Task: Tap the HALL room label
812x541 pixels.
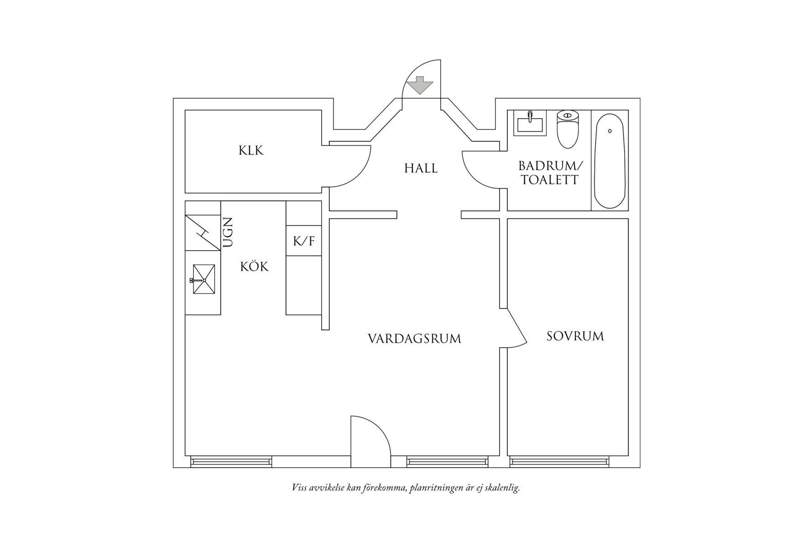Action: pos(421,168)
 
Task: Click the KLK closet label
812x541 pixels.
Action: pos(251,150)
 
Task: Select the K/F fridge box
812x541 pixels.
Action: pos(304,241)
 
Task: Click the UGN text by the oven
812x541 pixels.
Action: pos(228,232)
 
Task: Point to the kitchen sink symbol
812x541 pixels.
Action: pos(203,279)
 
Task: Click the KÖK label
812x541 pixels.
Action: pos(255,267)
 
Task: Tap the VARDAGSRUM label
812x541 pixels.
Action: pos(414,339)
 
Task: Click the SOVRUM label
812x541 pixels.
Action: pos(575,336)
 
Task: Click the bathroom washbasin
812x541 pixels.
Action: pos(529,123)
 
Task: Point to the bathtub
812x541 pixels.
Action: pos(609,160)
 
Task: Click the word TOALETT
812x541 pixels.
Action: pos(550,180)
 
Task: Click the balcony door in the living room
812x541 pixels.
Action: pos(370,440)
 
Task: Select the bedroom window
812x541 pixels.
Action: pos(559,462)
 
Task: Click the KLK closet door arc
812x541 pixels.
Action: pos(354,171)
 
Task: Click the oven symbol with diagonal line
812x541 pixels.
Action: pos(203,232)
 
